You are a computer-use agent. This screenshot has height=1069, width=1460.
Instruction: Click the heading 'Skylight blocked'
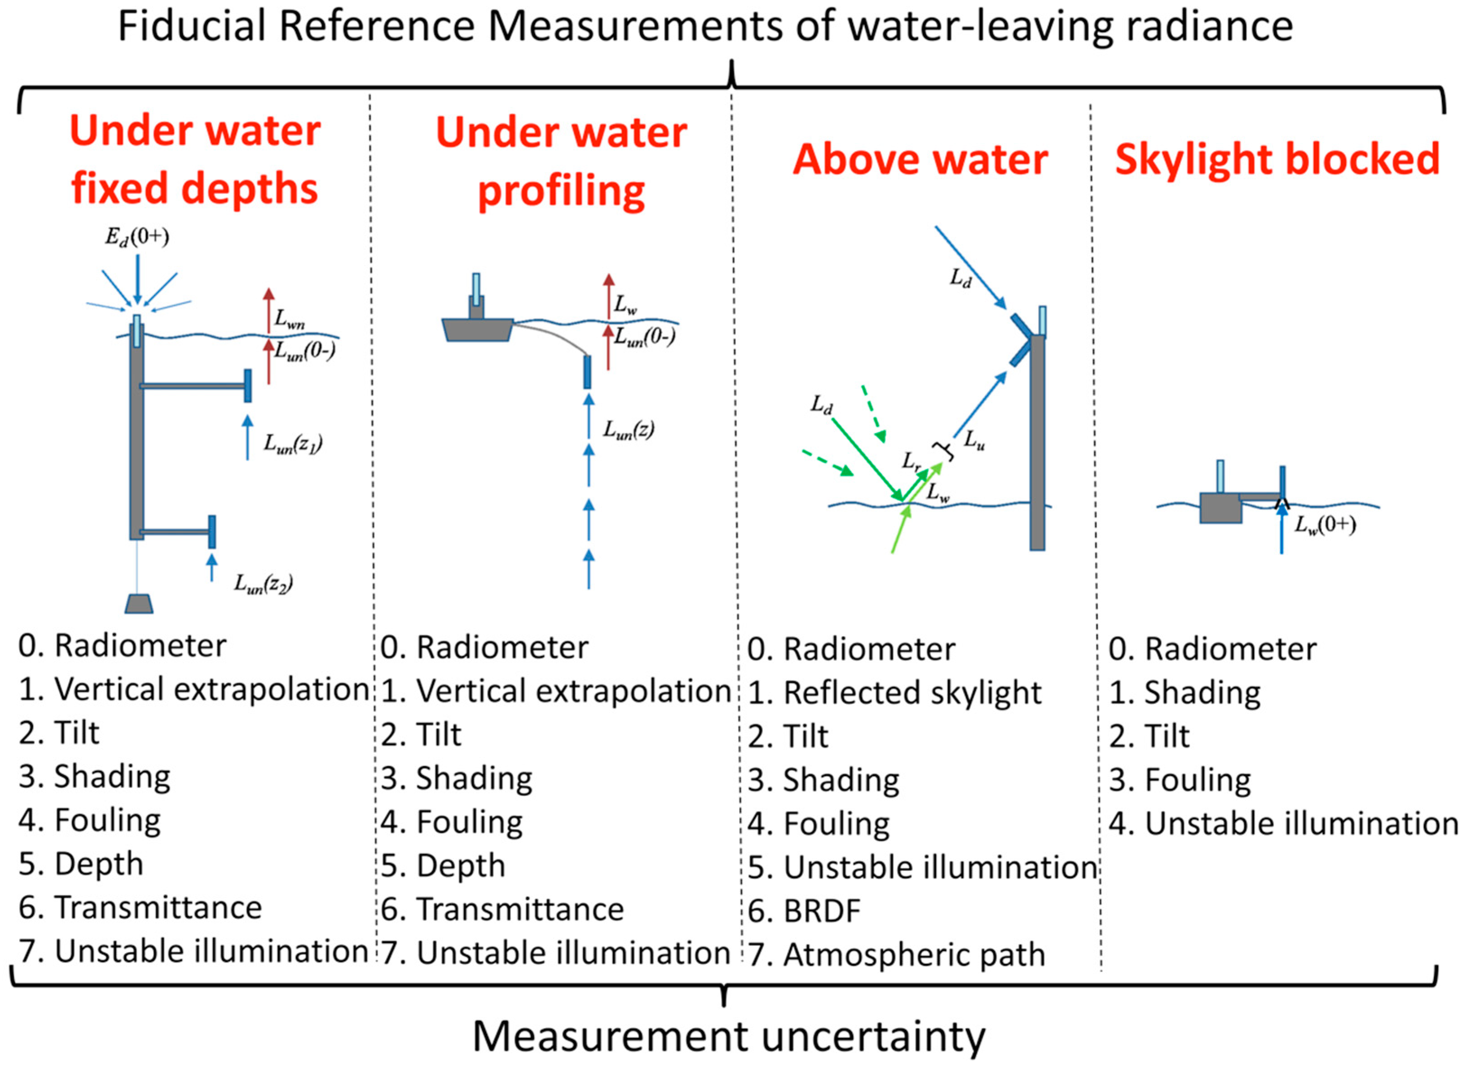pyautogui.click(x=1276, y=159)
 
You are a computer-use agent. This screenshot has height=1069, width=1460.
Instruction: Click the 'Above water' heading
pyautogui.click(x=920, y=159)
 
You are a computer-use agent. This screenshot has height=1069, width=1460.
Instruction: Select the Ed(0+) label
pyautogui.click(x=137, y=237)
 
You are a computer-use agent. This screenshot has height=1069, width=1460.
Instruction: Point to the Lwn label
pyautogui.click(x=289, y=319)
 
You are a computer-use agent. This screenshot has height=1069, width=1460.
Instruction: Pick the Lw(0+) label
pyautogui.click(x=1325, y=524)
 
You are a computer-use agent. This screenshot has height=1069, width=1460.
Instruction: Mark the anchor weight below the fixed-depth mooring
pyautogui.click(x=139, y=604)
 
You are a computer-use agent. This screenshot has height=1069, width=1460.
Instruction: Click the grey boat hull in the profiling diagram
pyautogui.click(x=477, y=330)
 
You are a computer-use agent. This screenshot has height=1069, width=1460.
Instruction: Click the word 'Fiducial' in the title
pyautogui.click(x=192, y=27)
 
